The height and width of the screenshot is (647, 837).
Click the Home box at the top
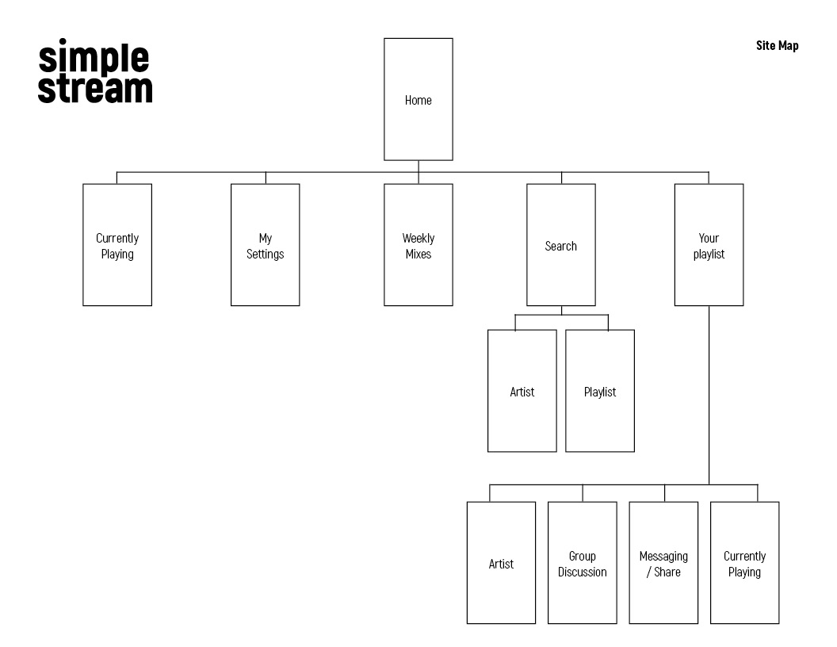coord(418,99)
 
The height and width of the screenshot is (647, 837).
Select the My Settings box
coord(266,245)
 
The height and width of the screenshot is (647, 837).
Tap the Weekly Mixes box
coord(418,245)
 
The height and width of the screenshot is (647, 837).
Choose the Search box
coord(561,245)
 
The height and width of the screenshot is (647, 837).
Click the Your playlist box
coord(709,245)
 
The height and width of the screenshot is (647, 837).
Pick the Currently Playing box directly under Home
coord(117,245)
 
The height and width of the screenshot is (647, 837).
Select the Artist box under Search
coord(522,391)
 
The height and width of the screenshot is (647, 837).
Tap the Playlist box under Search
coord(600,391)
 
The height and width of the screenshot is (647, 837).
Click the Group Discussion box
coord(583,563)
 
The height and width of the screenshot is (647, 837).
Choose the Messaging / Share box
coord(663,563)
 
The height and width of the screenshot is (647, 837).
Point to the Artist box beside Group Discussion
coord(501,563)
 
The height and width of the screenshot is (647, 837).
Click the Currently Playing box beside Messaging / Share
coord(744,563)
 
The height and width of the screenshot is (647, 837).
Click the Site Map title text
coord(778,46)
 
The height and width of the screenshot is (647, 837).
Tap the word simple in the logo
coord(94,57)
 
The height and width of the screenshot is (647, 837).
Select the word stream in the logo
coord(95,89)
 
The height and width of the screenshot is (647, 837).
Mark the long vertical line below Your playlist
coord(709,396)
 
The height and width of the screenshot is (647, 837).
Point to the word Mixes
coord(418,254)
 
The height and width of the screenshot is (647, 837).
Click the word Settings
coord(266,255)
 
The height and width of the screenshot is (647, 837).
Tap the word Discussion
coord(583,572)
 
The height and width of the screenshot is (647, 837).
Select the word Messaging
coord(663,557)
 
